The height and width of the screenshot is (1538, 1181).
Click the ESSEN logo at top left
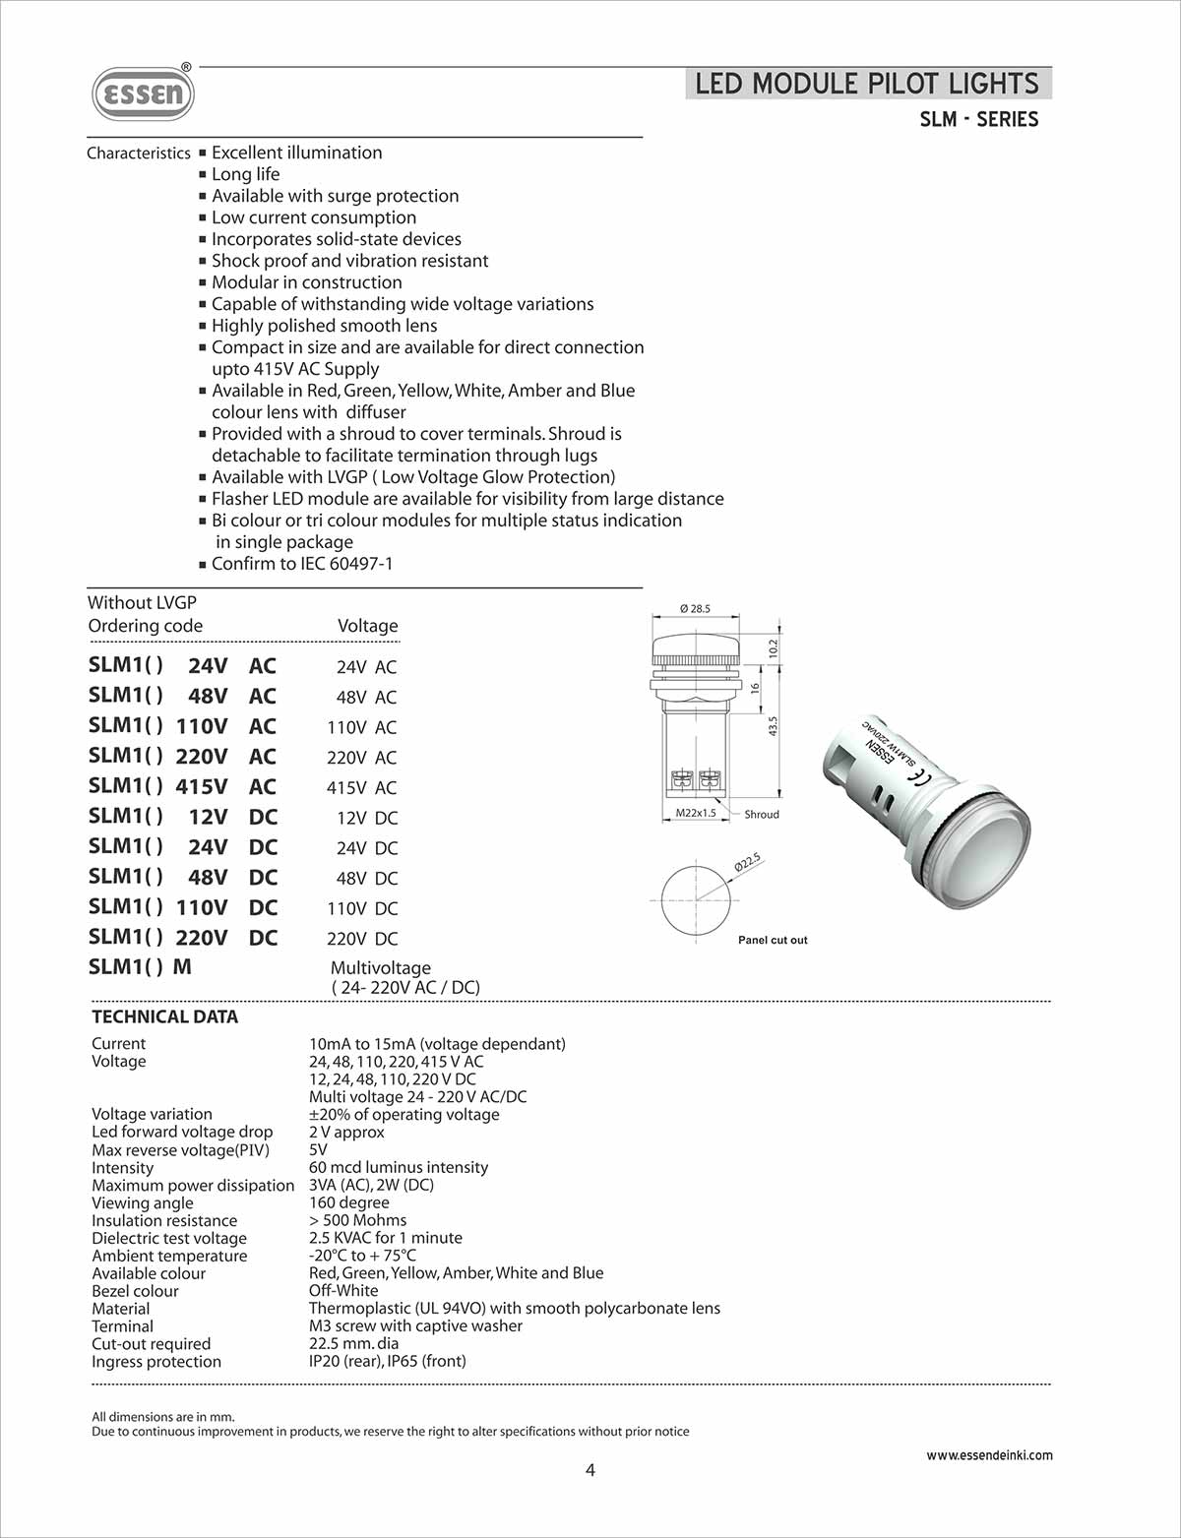[144, 94]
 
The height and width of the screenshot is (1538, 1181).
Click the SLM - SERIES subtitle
[978, 120]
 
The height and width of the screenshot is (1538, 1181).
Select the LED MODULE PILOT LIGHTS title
[867, 84]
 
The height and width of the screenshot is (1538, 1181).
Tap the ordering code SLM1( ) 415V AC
[182, 786]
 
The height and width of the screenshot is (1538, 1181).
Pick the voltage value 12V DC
[366, 818]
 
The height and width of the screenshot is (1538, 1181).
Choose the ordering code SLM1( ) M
[140, 967]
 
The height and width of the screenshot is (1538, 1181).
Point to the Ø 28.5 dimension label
[695, 609]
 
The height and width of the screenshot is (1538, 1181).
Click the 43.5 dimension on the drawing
[773, 726]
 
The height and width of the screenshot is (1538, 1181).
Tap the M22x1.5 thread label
[696, 814]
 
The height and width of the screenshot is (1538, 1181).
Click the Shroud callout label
[762, 815]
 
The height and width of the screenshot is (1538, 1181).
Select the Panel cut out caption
[773, 941]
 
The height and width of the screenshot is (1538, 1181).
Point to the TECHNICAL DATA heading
[165, 1017]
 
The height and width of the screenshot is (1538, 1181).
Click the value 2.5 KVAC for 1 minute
[385, 1238]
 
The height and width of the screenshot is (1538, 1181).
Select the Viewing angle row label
[143, 1202]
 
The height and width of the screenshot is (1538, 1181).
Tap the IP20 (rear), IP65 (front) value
[387, 1361]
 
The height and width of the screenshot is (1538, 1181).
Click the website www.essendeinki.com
[989, 1455]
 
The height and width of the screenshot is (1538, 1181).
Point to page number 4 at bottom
[590, 1471]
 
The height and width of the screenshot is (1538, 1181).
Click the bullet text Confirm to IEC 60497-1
[301, 564]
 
